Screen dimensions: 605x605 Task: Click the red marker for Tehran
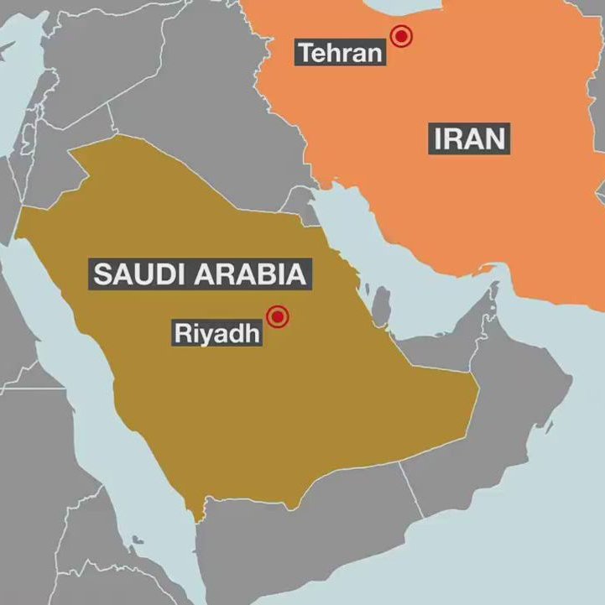click(x=402, y=36)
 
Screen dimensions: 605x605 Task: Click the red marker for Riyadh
click(x=277, y=316)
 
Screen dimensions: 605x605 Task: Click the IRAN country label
click(x=471, y=138)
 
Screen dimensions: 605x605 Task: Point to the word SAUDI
click(x=138, y=274)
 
